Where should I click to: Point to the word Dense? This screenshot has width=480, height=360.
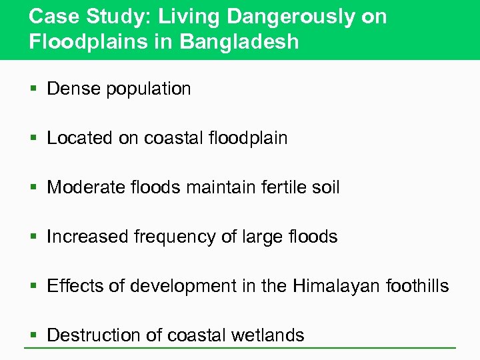tap(73, 89)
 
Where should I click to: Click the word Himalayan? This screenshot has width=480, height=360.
tap(341, 286)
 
